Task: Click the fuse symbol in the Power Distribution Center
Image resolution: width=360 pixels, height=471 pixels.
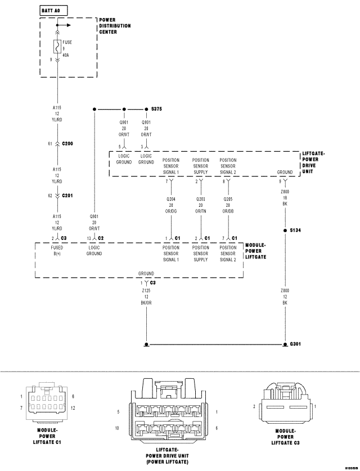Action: (x=57, y=46)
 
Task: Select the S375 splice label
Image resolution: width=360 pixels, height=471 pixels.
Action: (x=157, y=109)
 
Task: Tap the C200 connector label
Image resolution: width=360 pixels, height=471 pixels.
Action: (x=67, y=144)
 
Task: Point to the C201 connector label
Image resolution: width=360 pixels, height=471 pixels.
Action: (x=67, y=196)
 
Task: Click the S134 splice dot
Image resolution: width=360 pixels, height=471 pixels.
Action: (x=285, y=230)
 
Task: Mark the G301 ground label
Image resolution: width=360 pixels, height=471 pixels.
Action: (x=295, y=344)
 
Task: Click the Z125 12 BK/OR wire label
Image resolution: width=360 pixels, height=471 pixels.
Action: (x=146, y=297)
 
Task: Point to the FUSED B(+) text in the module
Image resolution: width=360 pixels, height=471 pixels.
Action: (x=57, y=251)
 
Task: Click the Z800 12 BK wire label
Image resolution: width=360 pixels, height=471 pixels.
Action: (x=285, y=297)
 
